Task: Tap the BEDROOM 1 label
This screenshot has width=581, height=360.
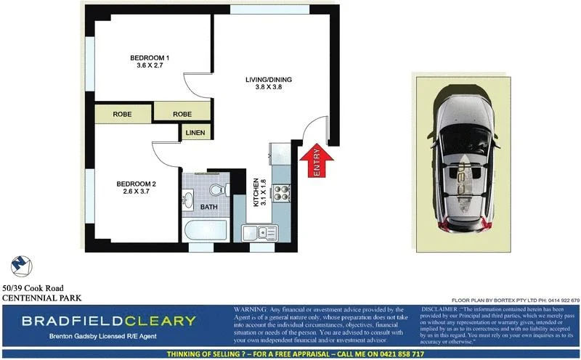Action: (x=150, y=58)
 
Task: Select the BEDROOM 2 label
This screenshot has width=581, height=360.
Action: (x=137, y=184)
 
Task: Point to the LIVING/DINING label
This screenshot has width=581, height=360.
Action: (x=267, y=79)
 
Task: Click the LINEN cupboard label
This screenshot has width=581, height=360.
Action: (x=195, y=133)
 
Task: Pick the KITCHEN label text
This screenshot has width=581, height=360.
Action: (x=256, y=193)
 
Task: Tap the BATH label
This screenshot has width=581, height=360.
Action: (x=208, y=208)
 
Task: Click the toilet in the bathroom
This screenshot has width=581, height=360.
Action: (x=216, y=190)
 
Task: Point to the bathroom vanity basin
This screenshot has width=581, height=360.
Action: (x=189, y=197)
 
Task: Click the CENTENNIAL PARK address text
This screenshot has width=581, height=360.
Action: (x=41, y=298)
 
